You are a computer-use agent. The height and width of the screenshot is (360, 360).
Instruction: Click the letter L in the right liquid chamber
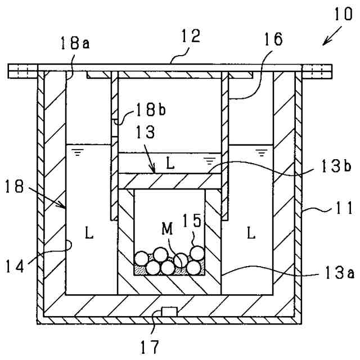251,231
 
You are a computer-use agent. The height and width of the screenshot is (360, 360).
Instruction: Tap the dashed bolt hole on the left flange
21,71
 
